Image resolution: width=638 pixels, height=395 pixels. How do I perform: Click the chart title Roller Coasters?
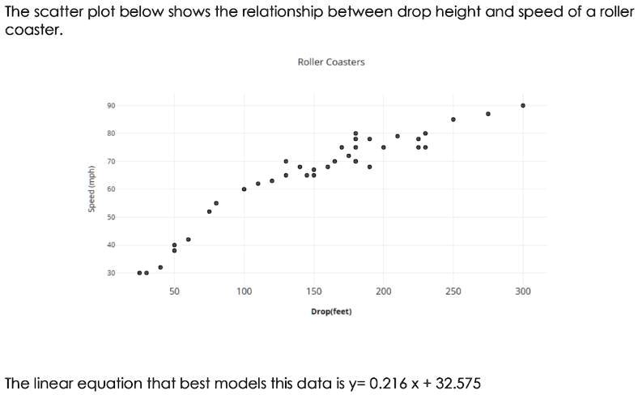(x=331, y=62)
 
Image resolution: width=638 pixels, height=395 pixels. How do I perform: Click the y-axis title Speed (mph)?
(x=91, y=189)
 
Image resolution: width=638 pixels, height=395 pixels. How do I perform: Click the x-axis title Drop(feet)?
(x=331, y=311)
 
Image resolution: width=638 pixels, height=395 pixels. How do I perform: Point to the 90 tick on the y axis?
(x=110, y=105)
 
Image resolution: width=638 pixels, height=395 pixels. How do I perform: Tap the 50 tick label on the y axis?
(x=110, y=217)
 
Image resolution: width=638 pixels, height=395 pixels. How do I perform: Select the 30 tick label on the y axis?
(x=110, y=273)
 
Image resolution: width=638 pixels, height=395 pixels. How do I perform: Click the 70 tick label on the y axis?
(x=110, y=161)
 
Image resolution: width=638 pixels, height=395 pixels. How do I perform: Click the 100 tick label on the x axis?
(x=244, y=291)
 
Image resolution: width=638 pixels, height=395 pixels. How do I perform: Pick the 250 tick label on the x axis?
(x=453, y=291)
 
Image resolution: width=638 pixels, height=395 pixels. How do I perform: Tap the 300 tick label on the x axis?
(x=523, y=291)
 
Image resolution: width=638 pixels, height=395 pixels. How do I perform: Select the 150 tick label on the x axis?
(x=313, y=291)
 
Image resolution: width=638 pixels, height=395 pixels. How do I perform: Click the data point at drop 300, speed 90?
(x=523, y=105)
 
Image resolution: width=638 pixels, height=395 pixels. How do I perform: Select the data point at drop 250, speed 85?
(x=453, y=119)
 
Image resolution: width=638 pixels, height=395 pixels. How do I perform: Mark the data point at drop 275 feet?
(x=488, y=114)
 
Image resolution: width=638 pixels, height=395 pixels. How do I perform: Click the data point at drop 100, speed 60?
(x=244, y=189)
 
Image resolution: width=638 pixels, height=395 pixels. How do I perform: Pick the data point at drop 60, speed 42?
(x=188, y=240)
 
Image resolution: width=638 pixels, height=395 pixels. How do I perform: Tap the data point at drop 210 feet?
(x=398, y=136)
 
